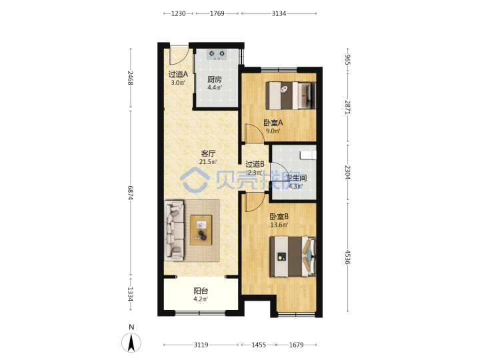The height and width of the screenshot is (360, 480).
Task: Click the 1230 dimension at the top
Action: (178, 13)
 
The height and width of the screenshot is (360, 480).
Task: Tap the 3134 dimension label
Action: (279, 13)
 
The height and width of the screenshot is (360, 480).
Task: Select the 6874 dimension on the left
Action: (131, 193)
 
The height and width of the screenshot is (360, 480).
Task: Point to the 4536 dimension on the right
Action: (348, 257)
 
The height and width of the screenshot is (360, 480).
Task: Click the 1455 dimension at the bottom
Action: (259, 345)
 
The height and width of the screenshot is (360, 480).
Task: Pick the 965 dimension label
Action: (348, 59)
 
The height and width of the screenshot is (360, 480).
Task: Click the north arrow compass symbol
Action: (131, 342)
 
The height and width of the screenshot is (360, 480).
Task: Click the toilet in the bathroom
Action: (308, 155)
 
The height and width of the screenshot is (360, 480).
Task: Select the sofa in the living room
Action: (175, 230)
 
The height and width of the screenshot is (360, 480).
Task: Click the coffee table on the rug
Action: (201, 230)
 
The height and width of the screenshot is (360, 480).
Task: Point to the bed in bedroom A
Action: (291, 95)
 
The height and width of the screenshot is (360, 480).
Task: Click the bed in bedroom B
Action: (293, 257)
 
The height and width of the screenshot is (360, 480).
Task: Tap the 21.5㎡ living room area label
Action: (208, 162)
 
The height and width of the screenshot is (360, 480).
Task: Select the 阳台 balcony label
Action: (201, 291)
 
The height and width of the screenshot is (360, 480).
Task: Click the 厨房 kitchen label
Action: (215, 79)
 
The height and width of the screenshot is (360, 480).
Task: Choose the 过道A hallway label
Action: (178, 75)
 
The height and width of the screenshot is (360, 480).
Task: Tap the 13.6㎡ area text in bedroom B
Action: (279, 225)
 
